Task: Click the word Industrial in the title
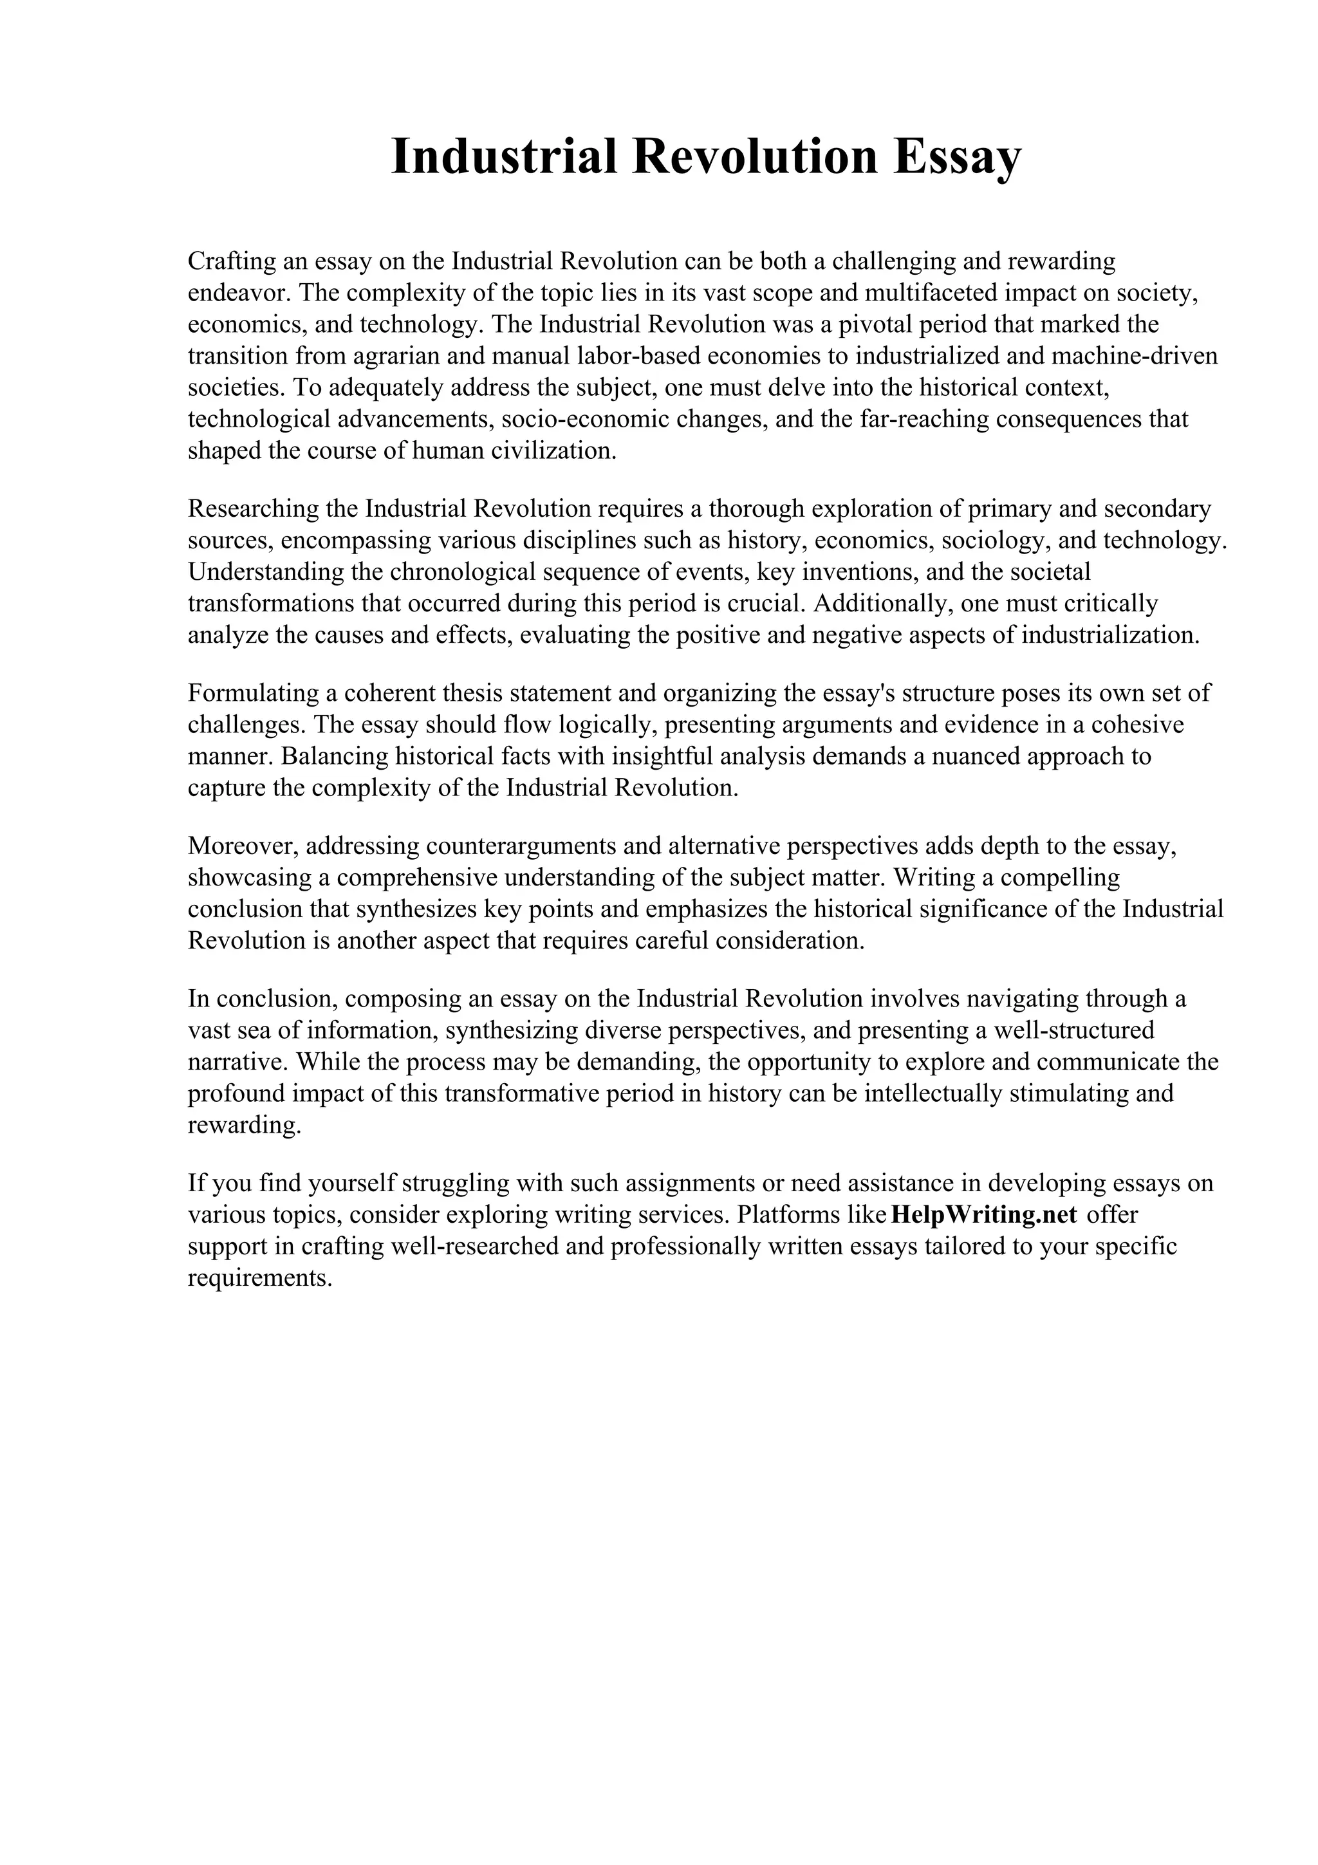(503, 157)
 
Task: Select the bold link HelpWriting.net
(983, 1214)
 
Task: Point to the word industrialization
(1109, 635)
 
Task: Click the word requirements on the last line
(260, 1277)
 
